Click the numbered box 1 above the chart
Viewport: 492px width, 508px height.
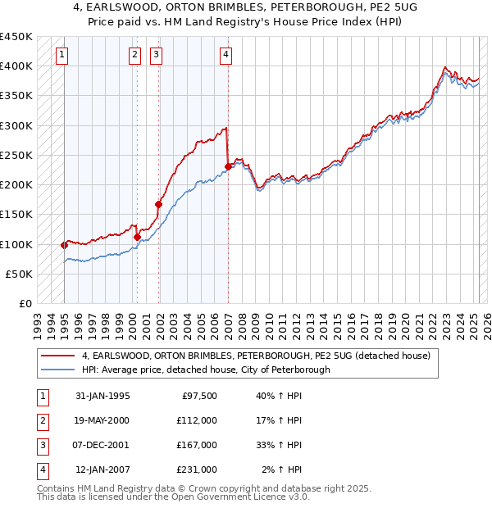point(63,56)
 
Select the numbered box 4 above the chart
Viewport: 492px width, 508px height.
point(225,56)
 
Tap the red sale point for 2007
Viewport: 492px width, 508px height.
point(228,166)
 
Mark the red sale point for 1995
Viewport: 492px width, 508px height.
point(64,245)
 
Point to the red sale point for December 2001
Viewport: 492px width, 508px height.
point(158,204)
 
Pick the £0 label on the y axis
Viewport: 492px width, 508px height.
point(25,304)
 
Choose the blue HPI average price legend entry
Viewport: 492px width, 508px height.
point(205,370)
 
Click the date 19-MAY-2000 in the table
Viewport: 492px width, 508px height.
point(102,420)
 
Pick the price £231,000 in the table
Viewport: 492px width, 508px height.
point(197,469)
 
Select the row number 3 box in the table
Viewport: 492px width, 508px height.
point(43,445)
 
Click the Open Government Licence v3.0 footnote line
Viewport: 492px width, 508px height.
point(174,497)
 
